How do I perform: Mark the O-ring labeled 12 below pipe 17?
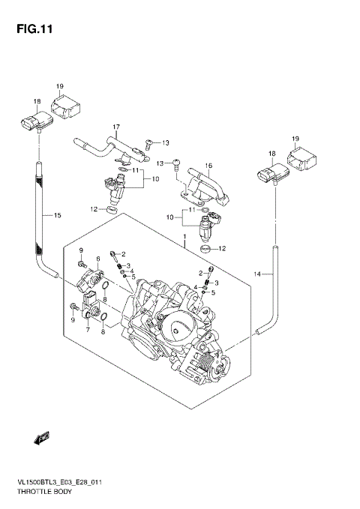[x=112, y=209]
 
